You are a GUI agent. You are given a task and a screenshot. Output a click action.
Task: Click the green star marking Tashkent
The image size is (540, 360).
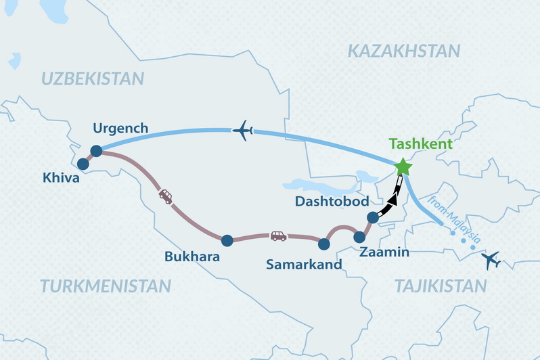pyautogui.click(x=403, y=166)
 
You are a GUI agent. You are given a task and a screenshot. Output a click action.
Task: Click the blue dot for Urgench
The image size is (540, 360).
pyautogui.click(x=96, y=152)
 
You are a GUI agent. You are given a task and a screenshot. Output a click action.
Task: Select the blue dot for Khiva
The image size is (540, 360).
pyautogui.click(x=84, y=164)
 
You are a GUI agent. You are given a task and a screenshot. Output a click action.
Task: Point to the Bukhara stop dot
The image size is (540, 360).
pyautogui.click(x=227, y=240)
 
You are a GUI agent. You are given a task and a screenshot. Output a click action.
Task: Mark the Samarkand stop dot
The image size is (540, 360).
pyautogui.click(x=324, y=244)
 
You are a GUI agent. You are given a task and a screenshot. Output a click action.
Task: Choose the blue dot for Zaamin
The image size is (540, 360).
pyautogui.click(x=359, y=236)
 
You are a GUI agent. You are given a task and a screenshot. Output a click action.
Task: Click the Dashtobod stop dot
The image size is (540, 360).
pyautogui.click(x=372, y=217)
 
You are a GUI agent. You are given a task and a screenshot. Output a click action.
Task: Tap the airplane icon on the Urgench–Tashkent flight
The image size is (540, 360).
pyautogui.click(x=242, y=130)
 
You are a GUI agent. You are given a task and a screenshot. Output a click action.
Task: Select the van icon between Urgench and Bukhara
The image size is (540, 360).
pyautogui.click(x=165, y=196)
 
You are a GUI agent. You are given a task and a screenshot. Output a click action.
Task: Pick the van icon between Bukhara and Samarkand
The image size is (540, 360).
pyautogui.click(x=278, y=235)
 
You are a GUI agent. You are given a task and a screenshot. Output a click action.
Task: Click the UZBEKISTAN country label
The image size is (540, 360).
pyautogui.click(x=93, y=78)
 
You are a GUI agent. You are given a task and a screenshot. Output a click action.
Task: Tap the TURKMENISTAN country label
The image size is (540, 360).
pyautogui.click(x=105, y=286)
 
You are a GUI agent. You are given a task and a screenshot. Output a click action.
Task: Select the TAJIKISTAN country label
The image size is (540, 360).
pyautogui.click(x=441, y=286)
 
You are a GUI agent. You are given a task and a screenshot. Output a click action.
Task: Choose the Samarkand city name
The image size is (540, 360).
pyautogui.click(x=304, y=265)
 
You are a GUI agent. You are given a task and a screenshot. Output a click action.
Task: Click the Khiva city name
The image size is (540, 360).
pyautogui.click(x=61, y=179)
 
